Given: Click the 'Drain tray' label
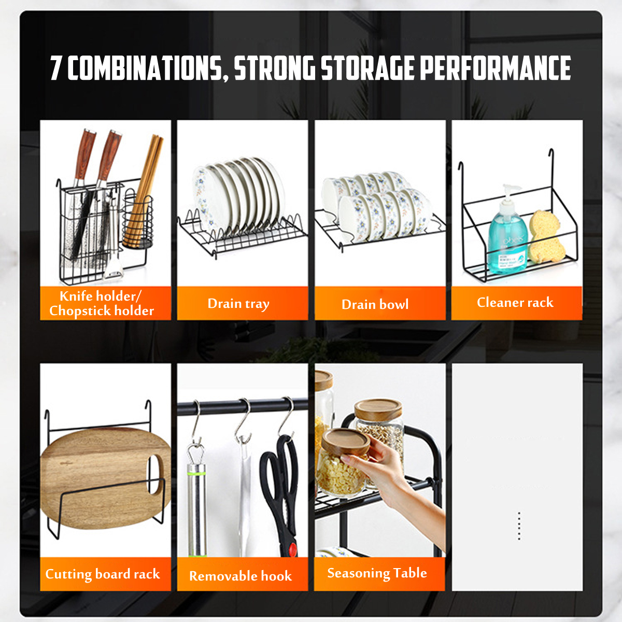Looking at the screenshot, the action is [x=238, y=304].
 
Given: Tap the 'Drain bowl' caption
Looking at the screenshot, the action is [x=375, y=304].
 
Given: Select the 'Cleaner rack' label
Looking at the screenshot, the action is [x=515, y=302].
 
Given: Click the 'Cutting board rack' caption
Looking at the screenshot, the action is [x=103, y=574].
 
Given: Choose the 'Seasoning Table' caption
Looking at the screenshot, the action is [x=377, y=573].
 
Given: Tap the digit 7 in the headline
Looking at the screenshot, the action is [x=56, y=68].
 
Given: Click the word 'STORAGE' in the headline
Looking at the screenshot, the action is [x=367, y=68].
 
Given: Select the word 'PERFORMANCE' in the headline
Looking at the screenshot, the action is [x=495, y=68].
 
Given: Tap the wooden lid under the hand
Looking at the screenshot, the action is [x=346, y=442].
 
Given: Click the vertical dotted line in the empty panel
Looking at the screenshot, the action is [x=519, y=526].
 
